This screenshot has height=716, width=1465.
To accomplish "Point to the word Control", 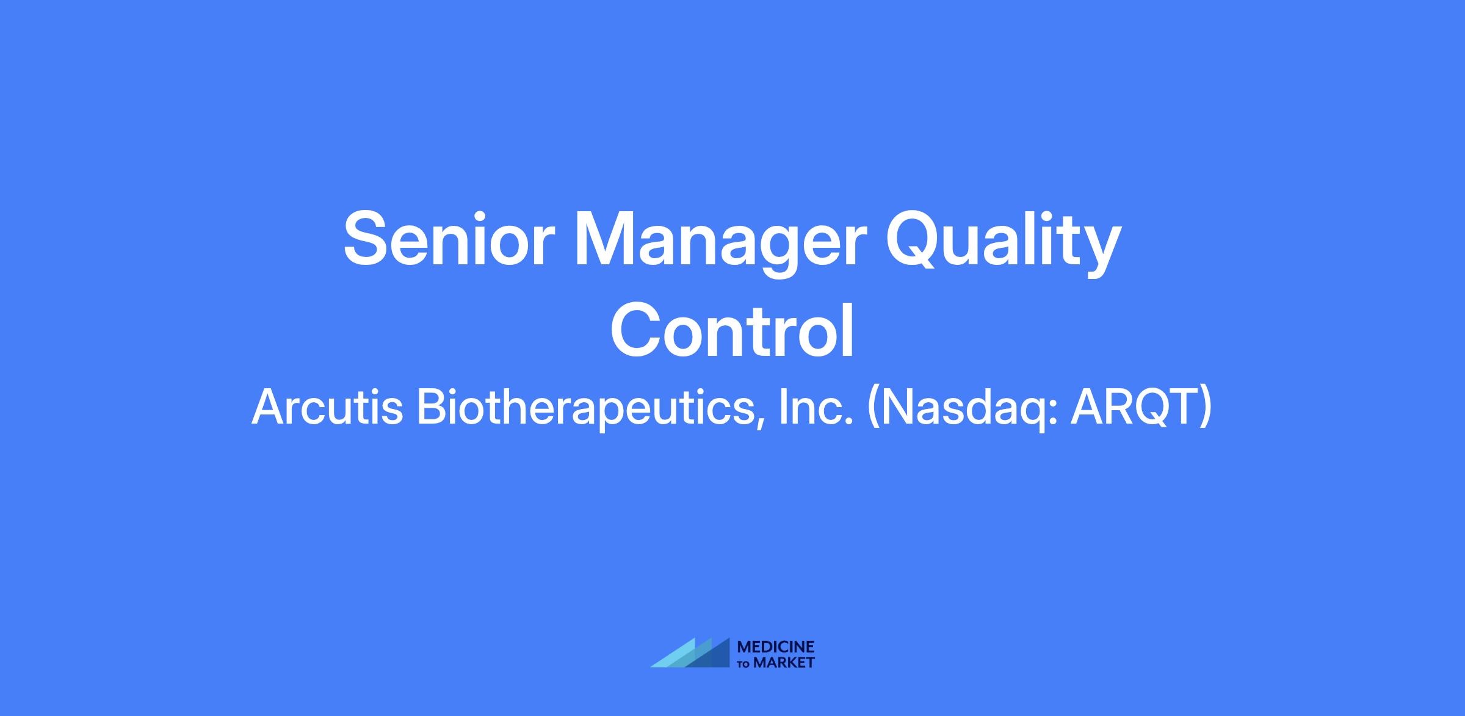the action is click(732, 332).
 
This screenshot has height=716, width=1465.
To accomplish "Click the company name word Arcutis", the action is click(327, 407).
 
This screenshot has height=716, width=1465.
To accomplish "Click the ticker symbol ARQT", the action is click(1135, 407).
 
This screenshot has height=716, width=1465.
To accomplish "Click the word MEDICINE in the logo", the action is click(776, 647).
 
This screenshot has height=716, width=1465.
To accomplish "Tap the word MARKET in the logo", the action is click(784, 663).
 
